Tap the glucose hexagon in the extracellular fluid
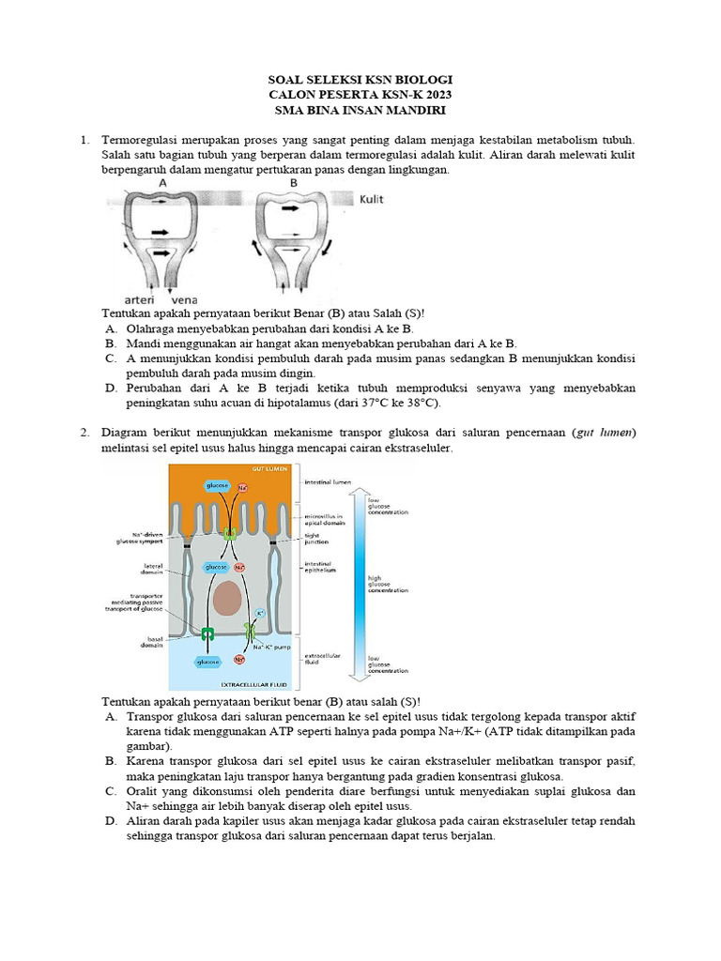(207, 661)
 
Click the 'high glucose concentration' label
(388, 584)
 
